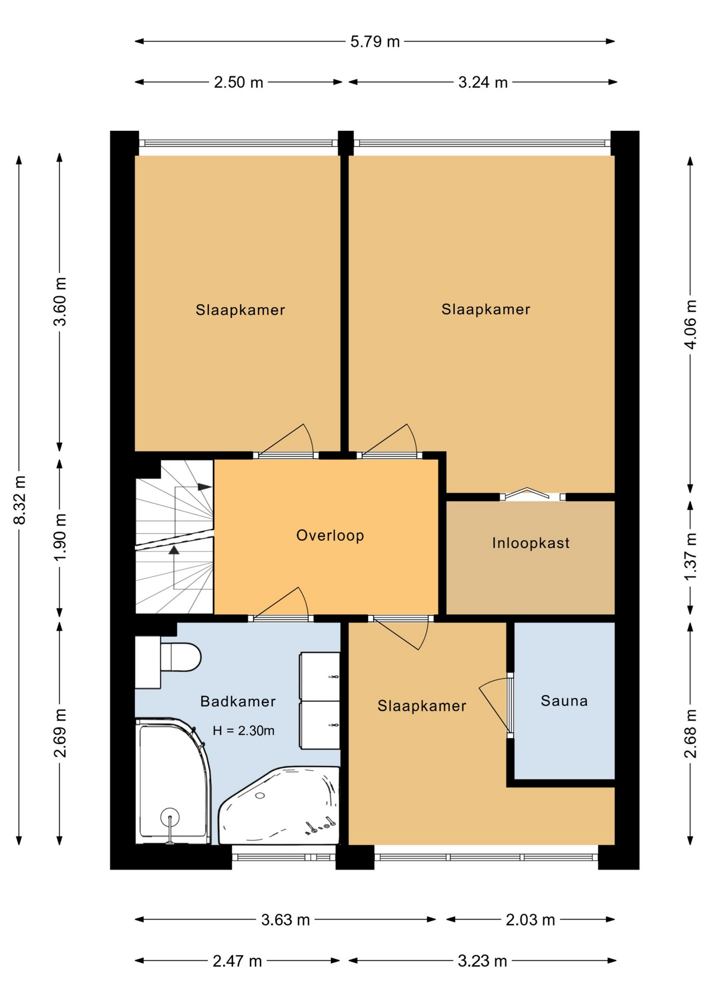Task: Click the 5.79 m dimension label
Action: click(375, 41)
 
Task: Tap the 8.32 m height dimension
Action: click(19, 500)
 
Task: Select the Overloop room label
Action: click(330, 535)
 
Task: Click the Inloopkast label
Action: click(530, 543)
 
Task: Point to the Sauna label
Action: click(564, 700)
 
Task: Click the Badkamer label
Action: click(238, 701)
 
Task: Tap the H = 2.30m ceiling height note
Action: click(243, 731)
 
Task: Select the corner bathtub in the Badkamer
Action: click(279, 805)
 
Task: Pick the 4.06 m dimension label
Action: click(690, 324)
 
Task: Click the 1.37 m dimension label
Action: click(690, 556)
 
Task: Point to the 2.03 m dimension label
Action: click(530, 920)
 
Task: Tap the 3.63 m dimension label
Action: click(286, 920)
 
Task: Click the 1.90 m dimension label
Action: click(60, 536)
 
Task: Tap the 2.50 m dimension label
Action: click(239, 82)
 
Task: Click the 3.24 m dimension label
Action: click(483, 82)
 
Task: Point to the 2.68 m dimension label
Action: click(690, 733)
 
